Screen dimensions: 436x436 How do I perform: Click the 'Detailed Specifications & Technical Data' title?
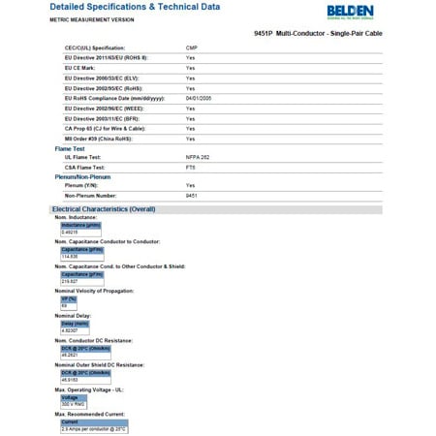click(x=135, y=7)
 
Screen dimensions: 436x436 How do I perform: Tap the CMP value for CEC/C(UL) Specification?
click(x=192, y=47)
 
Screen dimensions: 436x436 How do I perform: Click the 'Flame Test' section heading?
click(x=70, y=148)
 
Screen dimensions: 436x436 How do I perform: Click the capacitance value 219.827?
click(x=70, y=281)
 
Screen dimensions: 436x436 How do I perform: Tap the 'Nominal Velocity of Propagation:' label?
click(x=94, y=291)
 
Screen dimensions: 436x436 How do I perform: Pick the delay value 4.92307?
click(x=70, y=330)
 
